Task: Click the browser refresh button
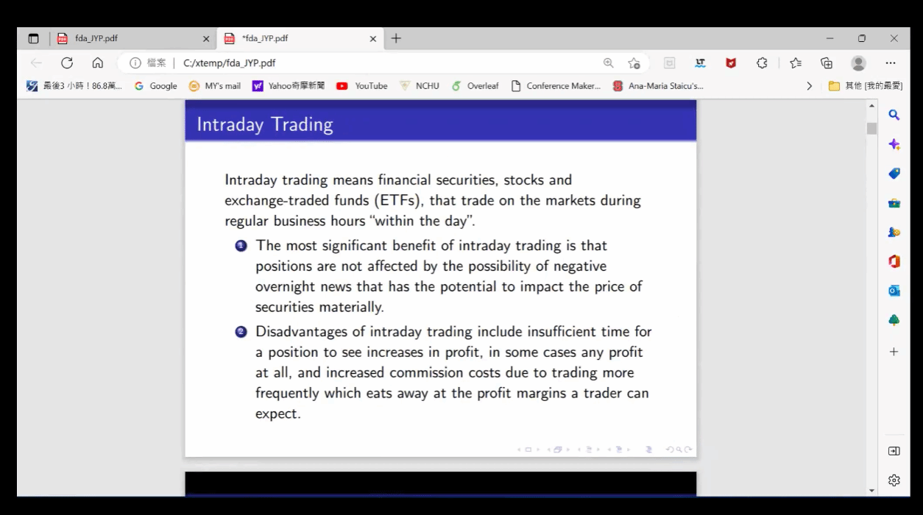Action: point(67,63)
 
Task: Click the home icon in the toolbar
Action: point(98,63)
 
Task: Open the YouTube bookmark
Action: point(362,85)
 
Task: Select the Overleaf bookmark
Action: point(475,85)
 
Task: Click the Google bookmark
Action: point(156,85)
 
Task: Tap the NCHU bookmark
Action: point(420,85)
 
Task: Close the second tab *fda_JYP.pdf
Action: point(373,39)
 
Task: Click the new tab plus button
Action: point(396,38)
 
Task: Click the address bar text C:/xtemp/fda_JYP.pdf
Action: point(229,63)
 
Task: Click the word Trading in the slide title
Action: point(302,124)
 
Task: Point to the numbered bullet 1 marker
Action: point(241,246)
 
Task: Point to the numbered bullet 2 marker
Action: point(241,332)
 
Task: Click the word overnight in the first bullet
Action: point(285,287)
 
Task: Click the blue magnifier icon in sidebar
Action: point(894,115)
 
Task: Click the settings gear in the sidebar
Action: point(894,480)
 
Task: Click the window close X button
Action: point(894,38)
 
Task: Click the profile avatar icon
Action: point(858,63)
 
